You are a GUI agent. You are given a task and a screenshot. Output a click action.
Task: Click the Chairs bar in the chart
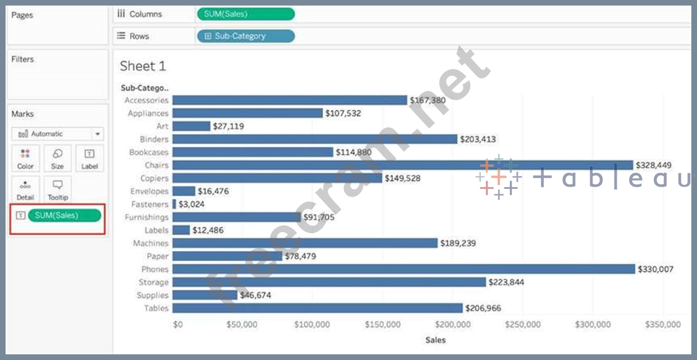pos(402,165)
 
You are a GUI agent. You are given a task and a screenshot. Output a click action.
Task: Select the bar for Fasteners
pos(174,204)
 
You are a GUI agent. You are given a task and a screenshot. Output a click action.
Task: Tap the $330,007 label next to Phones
pos(655,269)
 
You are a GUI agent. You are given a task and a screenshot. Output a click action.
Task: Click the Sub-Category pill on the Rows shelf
pos(246,36)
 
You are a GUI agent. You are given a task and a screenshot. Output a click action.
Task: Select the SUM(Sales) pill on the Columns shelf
pos(246,14)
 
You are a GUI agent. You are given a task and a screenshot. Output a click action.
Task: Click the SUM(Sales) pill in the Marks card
pos(65,215)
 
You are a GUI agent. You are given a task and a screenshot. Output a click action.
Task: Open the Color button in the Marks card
pos(25,158)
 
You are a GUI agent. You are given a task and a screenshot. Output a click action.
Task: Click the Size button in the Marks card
pos(57,158)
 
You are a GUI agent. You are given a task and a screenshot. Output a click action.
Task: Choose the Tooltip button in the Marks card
pos(57,189)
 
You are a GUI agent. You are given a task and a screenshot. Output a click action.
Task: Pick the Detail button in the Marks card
pos(25,189)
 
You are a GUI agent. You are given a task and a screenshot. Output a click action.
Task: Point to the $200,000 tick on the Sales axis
pos(453,325)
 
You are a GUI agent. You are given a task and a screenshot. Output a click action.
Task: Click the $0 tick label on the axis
pos(178,325)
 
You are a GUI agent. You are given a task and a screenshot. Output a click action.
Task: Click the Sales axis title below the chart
pos(435,340)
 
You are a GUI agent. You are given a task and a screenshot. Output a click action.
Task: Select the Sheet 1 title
pos(143,66)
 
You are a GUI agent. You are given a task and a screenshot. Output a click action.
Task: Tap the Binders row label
pos(154,139)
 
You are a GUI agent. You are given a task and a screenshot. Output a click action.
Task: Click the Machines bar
pos(305,243)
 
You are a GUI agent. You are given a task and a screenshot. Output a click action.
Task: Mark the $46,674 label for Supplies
pos(255,295)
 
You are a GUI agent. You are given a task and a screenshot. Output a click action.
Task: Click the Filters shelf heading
pos(23,59)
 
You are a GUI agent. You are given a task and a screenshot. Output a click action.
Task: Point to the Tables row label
pos(156,308)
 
